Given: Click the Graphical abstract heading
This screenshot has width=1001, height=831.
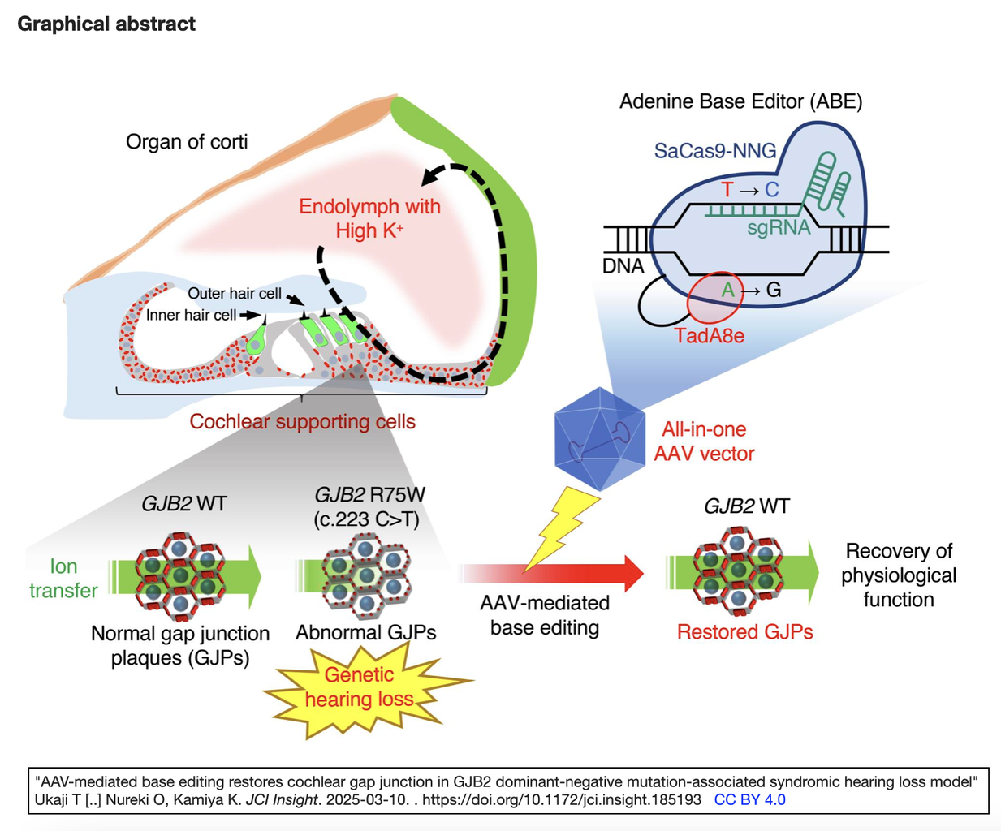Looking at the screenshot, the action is coord(106,24).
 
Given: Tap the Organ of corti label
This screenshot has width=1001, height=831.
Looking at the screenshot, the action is coord(187,142).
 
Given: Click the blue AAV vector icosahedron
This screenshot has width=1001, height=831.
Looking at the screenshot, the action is coord(600,439).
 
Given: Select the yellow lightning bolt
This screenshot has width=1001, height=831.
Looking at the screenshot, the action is coord(561,529).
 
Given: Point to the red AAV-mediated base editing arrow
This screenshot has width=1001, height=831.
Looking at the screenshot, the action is coord(551,574).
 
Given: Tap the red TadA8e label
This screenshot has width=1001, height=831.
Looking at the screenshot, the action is coord(709,335).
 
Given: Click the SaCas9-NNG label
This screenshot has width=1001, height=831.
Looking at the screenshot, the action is coord(714,151).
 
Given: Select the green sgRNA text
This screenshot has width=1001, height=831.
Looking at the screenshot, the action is coord(779,227).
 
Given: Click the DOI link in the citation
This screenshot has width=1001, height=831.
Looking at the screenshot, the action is coord(561,799).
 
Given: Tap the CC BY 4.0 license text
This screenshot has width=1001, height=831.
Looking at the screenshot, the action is coord(749,799).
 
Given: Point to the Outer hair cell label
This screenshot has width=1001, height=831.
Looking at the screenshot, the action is coord(235,293).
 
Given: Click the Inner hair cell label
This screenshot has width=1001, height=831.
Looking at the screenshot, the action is coord(191,315).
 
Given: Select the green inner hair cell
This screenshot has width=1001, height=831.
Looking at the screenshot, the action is coord(257,338).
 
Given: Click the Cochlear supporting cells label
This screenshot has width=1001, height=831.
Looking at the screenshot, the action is coord(303,422).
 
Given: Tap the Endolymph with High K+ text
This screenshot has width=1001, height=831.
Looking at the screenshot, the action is coord(369,218).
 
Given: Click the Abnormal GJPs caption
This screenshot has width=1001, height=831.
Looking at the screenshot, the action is coord(366,633).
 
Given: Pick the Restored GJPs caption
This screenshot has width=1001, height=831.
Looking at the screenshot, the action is coord(745,632).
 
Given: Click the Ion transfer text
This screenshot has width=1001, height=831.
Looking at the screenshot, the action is coord(63,579).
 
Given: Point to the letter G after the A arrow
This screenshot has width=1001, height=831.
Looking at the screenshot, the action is coord(774,290).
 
